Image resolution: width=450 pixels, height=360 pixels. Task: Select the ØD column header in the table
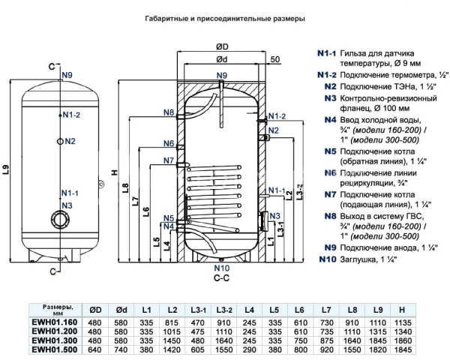click(95, 309)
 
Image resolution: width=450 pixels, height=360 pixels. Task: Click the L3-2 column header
click(223, 309)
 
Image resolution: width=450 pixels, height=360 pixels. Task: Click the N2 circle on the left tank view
click(58, 141)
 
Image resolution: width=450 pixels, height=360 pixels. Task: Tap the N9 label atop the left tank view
click(67, 76)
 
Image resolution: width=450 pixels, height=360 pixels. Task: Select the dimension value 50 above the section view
click(275, 59)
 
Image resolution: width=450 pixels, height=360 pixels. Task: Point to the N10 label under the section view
click(221, 268)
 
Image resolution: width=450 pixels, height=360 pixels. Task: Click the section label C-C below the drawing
click(221, 277)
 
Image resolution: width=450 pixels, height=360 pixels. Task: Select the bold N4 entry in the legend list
click(330, 119)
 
